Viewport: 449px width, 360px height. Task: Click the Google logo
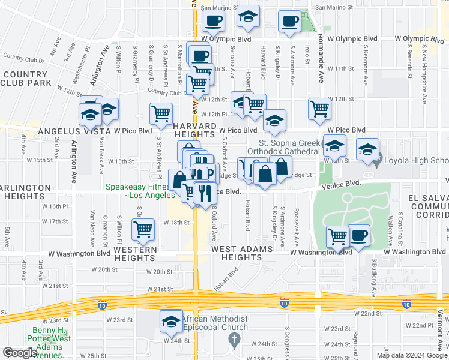pos(20,353)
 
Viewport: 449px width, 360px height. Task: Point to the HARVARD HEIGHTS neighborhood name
pos(194,130)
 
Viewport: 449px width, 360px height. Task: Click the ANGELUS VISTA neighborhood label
pos(74,131)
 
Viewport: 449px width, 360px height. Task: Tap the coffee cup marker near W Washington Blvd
pos(359,235)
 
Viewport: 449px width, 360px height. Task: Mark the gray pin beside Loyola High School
pos(377,161)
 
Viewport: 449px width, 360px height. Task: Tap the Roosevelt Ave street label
pos(297,220)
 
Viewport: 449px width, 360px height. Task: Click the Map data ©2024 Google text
pos(411,355)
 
